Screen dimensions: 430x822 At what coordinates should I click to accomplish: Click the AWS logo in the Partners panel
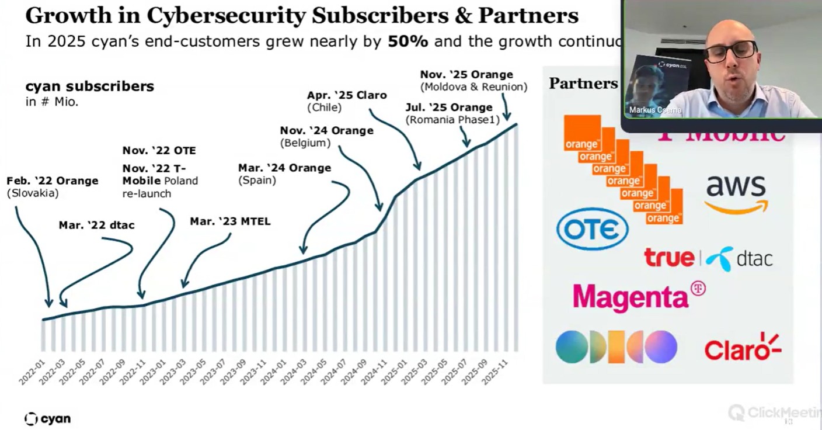pyautogui.click(x=736, y=193)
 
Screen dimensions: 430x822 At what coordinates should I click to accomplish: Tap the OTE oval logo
pyautogui.click(x=592, y=229)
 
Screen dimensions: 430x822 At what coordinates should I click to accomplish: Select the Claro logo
pyautogui.click(x=742, y=347)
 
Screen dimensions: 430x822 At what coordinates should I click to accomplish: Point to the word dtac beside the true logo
pyautogui.click(x=754, y=258)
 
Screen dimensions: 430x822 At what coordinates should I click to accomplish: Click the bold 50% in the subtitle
pyautogui.click(x=409, y=41)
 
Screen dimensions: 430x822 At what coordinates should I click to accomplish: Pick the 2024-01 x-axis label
pyautogui.click(x=273, y=373)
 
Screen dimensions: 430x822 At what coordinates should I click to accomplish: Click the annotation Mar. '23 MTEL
pyautogui.click(x=230, y=221)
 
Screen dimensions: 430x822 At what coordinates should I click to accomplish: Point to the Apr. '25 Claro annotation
pyautogui.click(x=347, y=95)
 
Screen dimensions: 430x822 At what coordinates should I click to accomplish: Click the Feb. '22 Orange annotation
pyautogui.click(x=53, y=181)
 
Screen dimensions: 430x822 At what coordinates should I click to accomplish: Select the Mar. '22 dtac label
pyautogui.click(x=96, y=225)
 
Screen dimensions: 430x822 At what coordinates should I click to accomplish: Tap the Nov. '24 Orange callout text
pyautogui.click(x=326, y=130)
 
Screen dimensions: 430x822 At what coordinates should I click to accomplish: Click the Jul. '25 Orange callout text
pyautogui.click(x=449, y=107)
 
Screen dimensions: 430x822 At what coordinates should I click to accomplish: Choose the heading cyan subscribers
pyautogui.click(x=89, y=86)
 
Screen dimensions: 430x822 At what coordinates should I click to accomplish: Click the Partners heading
pyautogui.click(x=583, y=84)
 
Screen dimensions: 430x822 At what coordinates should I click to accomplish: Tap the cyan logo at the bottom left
pyautogui.click(x=48, y=418)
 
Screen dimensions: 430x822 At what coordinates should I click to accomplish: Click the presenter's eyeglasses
pyautogui.click(x=730, y=51)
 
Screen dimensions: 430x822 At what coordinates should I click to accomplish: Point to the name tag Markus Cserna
pyautogui.click(x=655, y=110)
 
